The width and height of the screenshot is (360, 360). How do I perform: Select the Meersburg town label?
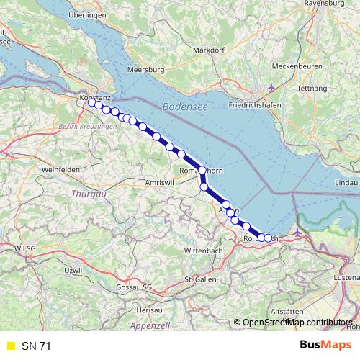[146, 70]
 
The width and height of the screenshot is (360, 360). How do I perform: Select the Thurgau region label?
[89, 194]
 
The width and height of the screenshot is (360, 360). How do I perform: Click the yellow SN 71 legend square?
[10, 346]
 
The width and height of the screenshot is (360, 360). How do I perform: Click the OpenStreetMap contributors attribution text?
[297, 323]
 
